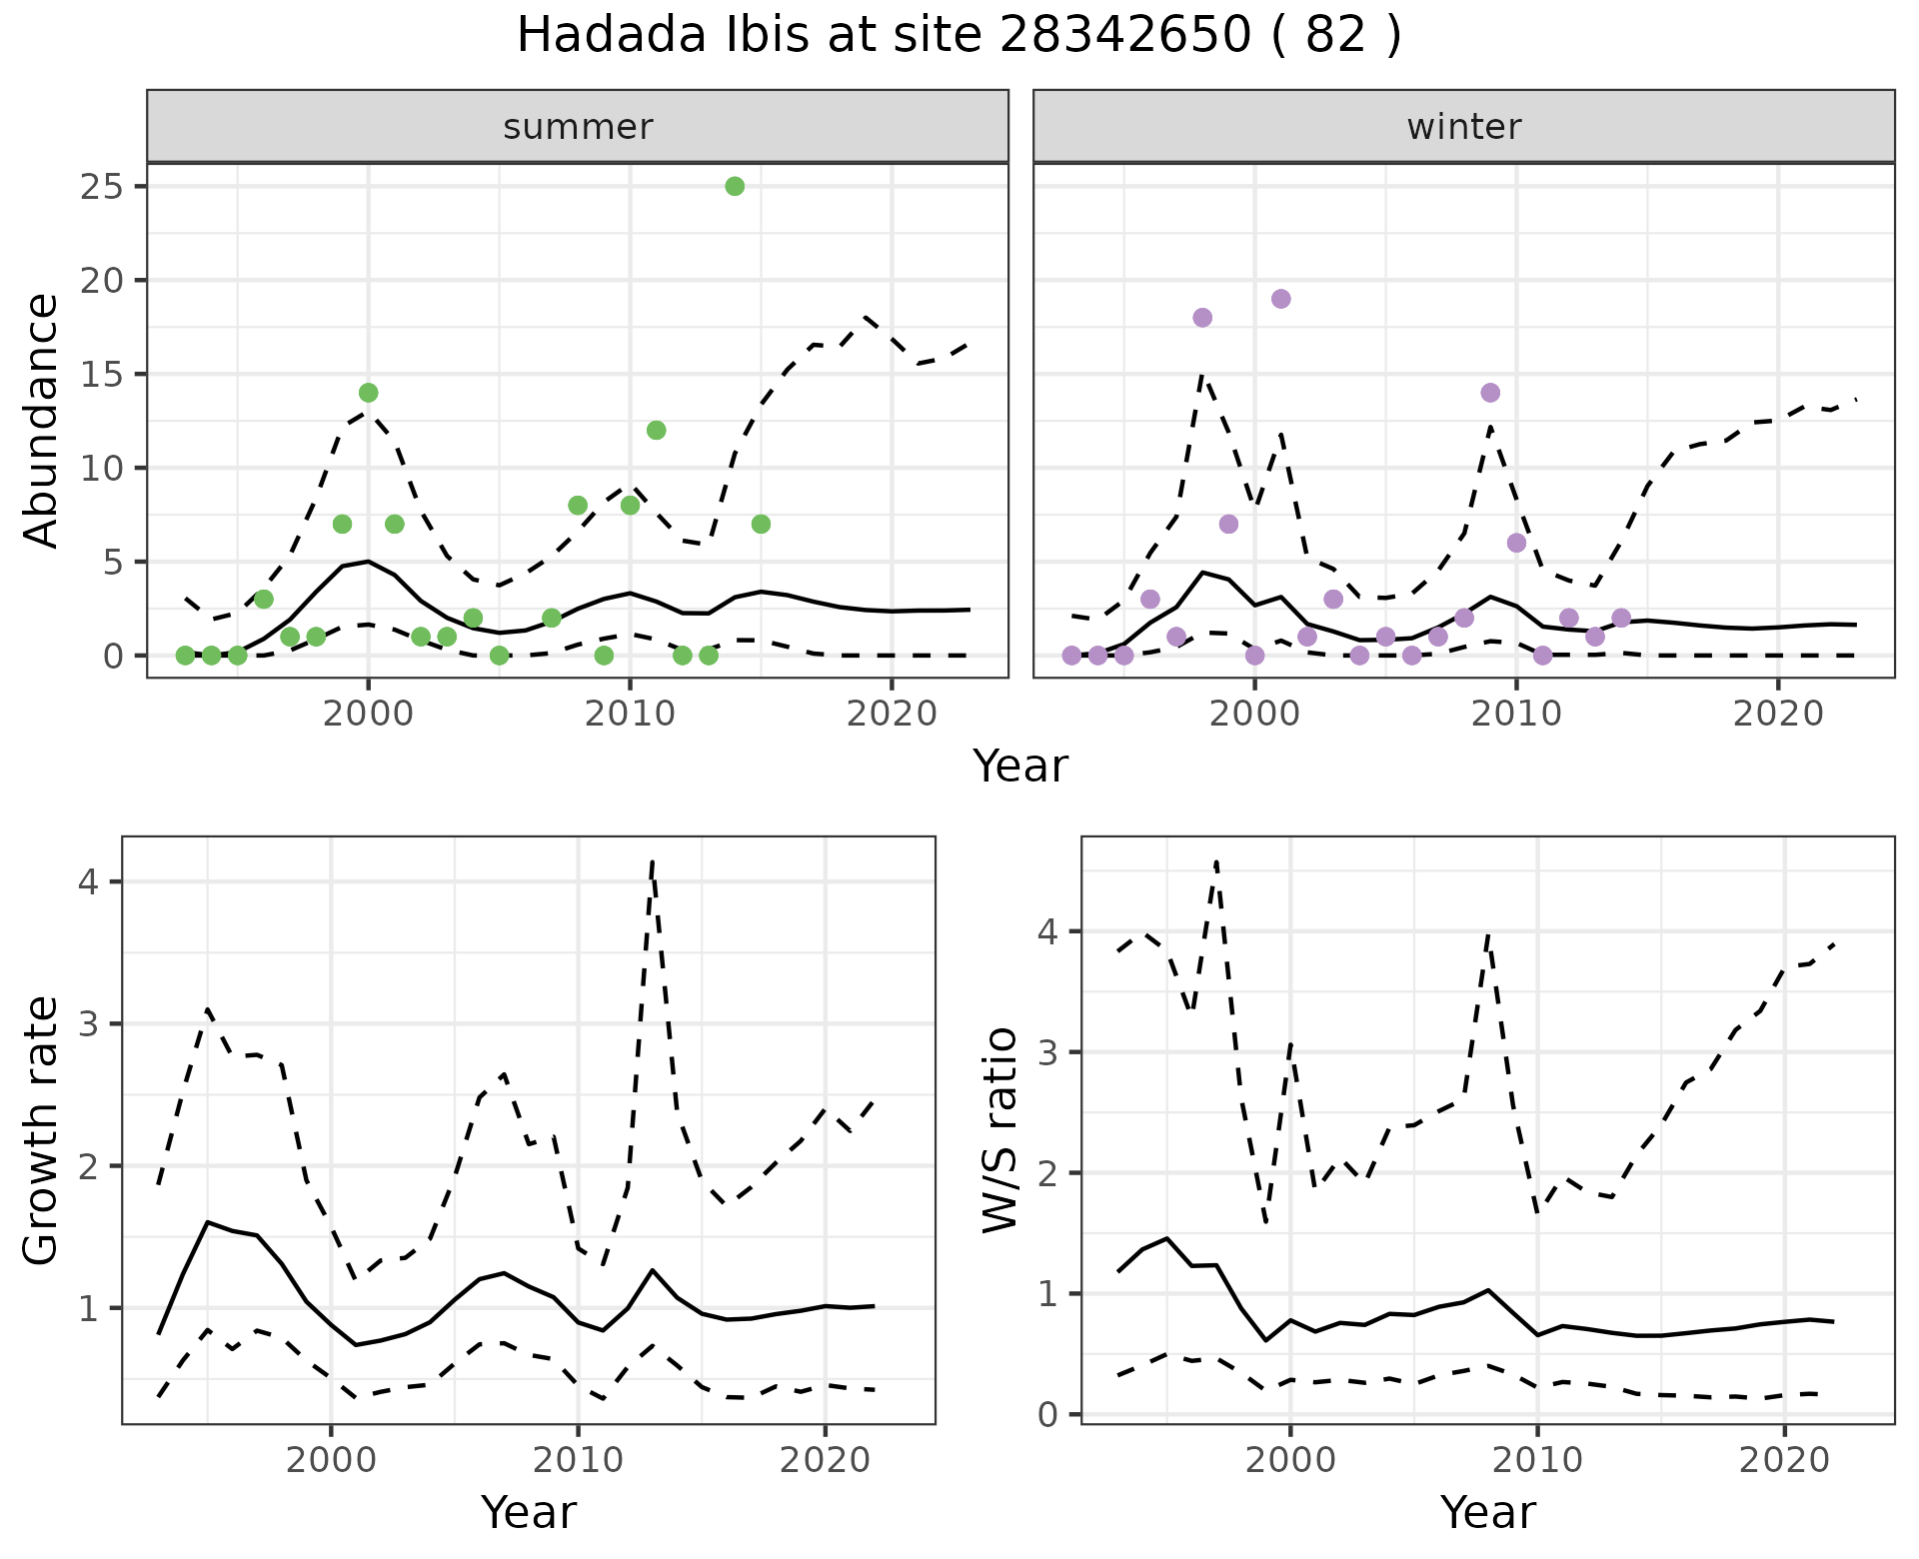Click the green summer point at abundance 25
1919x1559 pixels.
(735, 187)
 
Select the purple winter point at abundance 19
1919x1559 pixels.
(1280, 299)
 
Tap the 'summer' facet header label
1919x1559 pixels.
(578, 127)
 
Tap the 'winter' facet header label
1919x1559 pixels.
(1463, 127)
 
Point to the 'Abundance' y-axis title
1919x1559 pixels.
(42, 420)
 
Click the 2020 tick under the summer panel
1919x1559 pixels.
(891, 714)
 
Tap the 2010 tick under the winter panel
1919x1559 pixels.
(1516, 714)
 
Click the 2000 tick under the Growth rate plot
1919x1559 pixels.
(331, 1460)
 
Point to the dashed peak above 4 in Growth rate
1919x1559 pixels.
(652, 861)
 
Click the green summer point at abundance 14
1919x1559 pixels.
(368, 393)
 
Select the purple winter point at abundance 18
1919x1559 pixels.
(1202, 318)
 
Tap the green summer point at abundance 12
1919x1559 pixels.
(656, 431)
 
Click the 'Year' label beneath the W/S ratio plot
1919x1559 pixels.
(1487, 1513)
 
